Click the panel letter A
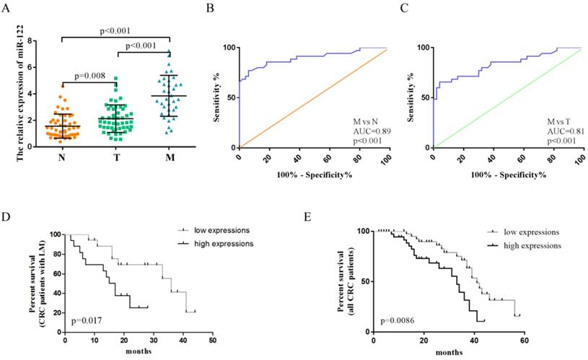[x=6, y=8]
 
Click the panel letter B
[x=210, y=8]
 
